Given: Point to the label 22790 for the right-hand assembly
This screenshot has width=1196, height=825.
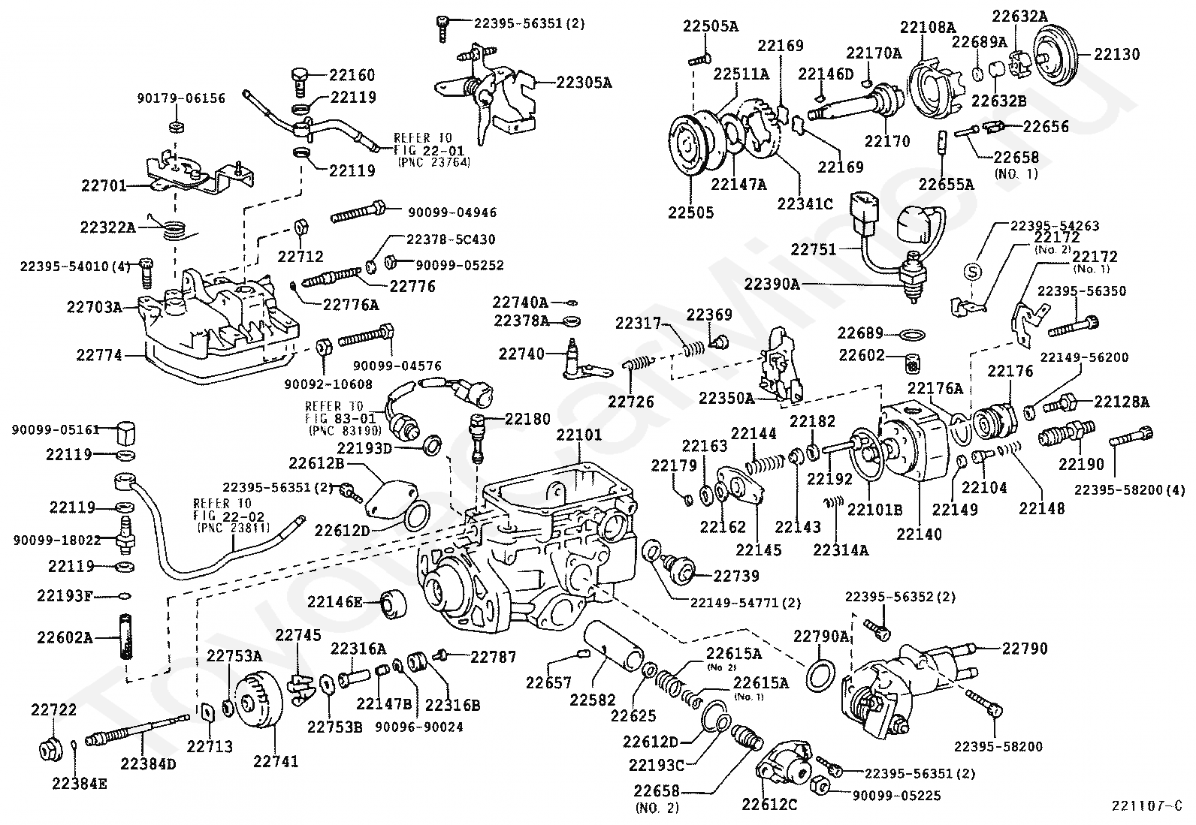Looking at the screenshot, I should click(1025, 648).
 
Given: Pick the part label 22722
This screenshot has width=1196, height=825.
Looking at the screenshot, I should click(53, 709).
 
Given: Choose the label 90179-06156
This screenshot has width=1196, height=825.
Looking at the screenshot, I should click(180, 98).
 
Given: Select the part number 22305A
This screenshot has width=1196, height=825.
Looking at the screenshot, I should click(584, 83).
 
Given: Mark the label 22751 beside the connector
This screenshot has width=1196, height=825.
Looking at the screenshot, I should click(813, 248).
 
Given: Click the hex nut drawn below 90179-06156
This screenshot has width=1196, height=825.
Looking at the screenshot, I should click(175, 124).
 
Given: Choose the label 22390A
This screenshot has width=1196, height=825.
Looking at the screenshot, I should click(772, 284).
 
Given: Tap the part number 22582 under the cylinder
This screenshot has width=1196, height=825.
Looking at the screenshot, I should click(592, 700).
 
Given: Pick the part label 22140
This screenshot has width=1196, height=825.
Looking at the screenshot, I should click(919, 534).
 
